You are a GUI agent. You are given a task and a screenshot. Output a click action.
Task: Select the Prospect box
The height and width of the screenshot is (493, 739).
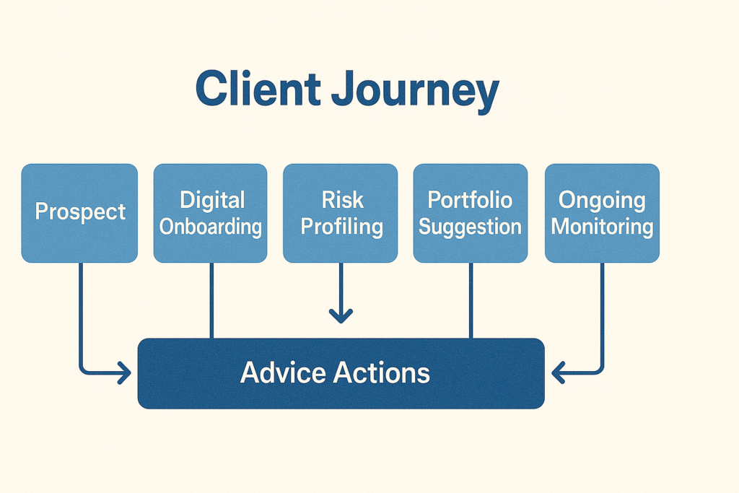(79, 212)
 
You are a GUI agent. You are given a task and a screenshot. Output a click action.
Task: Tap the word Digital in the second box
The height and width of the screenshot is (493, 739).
(212, 200)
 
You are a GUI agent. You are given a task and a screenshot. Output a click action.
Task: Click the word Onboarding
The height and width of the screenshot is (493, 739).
(211, 227)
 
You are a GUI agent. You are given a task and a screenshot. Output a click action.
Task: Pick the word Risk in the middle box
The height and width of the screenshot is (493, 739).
(341, 200)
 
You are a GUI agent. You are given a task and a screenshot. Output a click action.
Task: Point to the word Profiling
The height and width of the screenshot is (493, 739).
(341, 227)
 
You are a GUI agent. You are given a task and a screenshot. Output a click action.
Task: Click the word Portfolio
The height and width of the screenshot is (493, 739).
(470, 200)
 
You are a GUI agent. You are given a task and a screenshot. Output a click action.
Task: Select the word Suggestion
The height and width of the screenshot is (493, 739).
(470, 227)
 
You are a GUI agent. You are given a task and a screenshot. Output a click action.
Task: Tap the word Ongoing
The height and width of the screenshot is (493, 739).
(602, 200)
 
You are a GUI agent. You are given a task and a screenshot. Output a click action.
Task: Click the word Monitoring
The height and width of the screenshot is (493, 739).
(602, 227)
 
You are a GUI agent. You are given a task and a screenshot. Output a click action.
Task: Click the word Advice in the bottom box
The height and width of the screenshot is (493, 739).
(281, 373)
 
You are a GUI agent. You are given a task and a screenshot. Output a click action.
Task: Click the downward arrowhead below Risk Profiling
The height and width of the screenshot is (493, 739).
(341, 315)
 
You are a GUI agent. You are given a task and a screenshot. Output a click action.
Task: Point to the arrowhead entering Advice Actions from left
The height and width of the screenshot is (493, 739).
(124, 373)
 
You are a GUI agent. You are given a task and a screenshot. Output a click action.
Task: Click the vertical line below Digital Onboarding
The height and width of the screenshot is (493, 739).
(211, 300)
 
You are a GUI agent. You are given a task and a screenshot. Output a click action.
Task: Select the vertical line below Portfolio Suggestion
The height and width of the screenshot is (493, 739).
(471, 300)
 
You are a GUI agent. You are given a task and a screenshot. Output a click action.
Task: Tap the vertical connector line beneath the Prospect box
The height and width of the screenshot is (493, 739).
(80, 310)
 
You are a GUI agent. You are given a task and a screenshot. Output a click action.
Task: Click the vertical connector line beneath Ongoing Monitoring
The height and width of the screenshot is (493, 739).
(602, 310)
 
